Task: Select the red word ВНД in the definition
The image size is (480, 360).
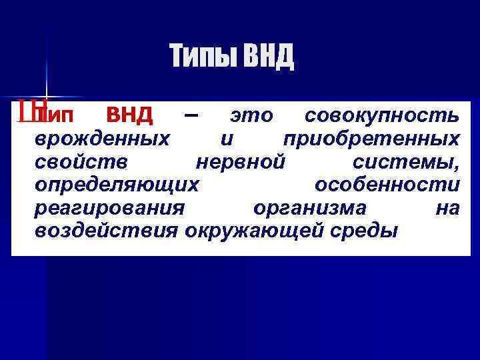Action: pyautogui.click(x=130, y=116)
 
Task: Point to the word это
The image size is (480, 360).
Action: pyautogui.click(x=251, y=117)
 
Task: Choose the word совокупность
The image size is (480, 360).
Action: pyautogui.click(x=381, y=117)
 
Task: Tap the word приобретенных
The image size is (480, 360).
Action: pyautogui.click(x=371, y=139)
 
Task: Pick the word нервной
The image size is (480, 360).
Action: pyautogui.click(x=241, y=162)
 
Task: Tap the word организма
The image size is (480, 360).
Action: pyautogui.click(x=310, y=209)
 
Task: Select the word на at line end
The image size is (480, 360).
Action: pyautogui.click(x=447, y=209)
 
